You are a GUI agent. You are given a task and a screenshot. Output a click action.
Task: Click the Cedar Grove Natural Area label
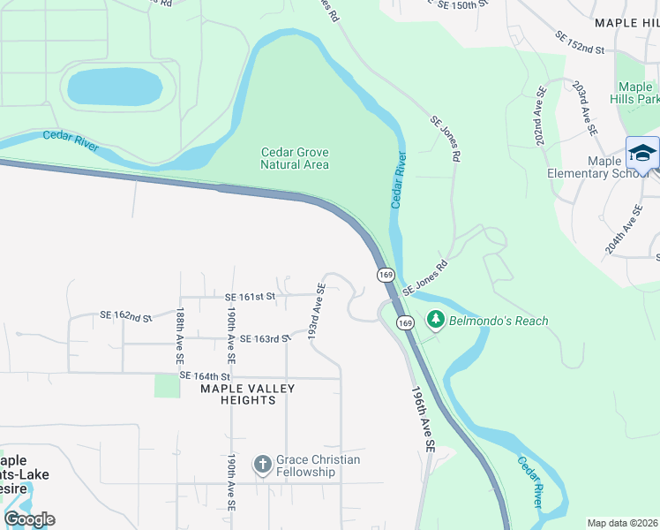(x=295, y=158)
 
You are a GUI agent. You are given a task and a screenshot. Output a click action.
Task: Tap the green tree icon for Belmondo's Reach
(x=434, y=320)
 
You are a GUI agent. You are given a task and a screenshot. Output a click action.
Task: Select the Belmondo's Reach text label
(x=499, y=321)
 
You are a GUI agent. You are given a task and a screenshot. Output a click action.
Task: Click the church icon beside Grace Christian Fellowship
(x=262, y=464)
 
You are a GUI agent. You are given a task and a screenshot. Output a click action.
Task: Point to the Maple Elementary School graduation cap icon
(x=642, y=153)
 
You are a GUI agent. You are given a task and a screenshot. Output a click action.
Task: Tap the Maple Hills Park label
(x=635, y=93)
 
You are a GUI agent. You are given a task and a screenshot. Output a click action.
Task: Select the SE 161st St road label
(x=251, y=297)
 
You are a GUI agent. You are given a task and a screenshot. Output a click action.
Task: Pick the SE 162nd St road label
(x=126, y=315)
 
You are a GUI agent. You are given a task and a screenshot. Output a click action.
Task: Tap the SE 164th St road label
(x=205, y=375)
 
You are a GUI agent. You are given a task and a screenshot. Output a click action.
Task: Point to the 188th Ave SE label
(x=179, y=337)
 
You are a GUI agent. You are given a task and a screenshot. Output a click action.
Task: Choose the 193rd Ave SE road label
(x=317, y=312)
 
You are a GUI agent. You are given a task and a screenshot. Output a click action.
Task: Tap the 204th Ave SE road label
(x=623, y=229)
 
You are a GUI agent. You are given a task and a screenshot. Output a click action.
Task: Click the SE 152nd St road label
(x=580, y=43)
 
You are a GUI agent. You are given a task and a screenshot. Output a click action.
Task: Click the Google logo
(x=28, y=519)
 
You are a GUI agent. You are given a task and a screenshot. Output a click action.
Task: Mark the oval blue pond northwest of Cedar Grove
(x=115, y=87)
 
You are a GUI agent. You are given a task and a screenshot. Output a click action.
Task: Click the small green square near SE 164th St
(x=166, y=385)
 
